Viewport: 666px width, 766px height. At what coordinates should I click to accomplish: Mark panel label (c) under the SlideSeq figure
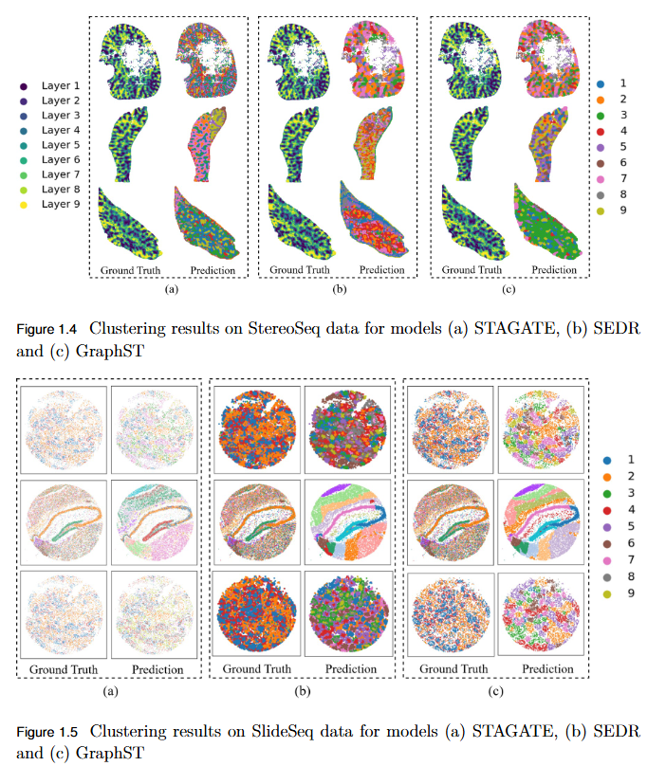[495, 691]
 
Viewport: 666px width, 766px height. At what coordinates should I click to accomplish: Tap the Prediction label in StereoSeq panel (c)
[555, 270]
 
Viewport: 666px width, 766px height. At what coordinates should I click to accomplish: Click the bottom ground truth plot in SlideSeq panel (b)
[256, 612]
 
